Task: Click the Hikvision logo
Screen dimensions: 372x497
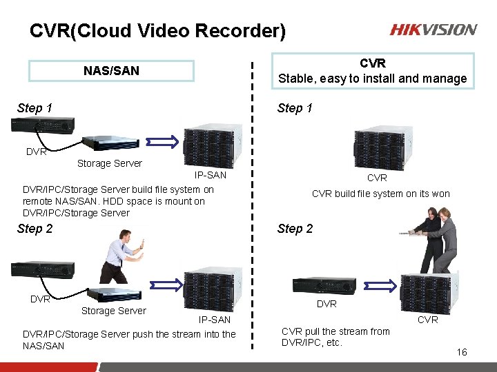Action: tap(433, 30)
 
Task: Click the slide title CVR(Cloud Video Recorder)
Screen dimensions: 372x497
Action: tap(157, 31)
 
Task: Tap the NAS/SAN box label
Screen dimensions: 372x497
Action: tap(111, 71)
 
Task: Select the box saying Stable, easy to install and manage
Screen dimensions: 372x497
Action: tap(372, 71)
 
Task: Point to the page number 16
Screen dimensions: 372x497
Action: tap(461, 352)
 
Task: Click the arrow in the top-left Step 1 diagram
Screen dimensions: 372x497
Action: tap(166, 143)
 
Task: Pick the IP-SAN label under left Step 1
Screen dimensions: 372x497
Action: tap(210, 175)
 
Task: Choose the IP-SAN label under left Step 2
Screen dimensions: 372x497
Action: tap(215, 320)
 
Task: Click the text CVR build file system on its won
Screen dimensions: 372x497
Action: tap(380, 194)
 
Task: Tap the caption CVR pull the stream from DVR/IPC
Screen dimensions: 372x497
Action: tap(335, 337)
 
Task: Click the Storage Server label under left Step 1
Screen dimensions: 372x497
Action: tap(110, 163)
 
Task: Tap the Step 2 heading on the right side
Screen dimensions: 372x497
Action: tap(295, 229)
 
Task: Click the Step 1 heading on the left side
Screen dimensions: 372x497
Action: tap(35, 107)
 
